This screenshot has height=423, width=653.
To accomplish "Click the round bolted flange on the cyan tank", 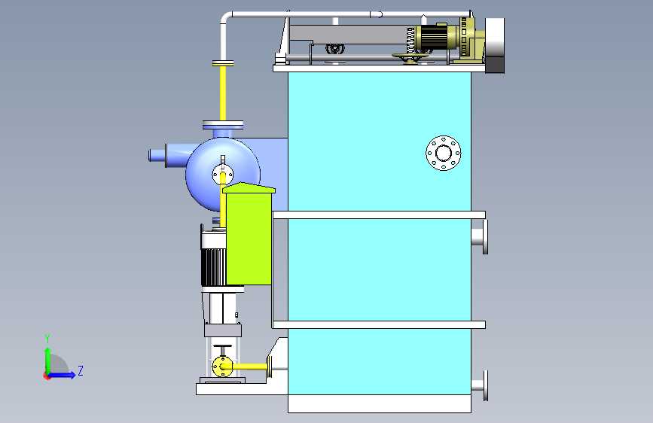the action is (x=443, y=153).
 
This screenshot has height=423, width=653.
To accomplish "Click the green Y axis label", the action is (x=47, y=339).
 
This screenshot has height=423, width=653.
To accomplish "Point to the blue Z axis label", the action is (x=81, y=370).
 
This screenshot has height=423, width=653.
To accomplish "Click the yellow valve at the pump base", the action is (x=222, y=367).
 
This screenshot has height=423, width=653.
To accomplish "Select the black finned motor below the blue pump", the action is (x=213, y=266).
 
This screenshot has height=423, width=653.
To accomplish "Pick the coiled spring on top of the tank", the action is (x=410, y=41).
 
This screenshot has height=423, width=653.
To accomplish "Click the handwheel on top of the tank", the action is (x=410, y=57).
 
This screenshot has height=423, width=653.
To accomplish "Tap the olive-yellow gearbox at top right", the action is (x=470, y=40).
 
